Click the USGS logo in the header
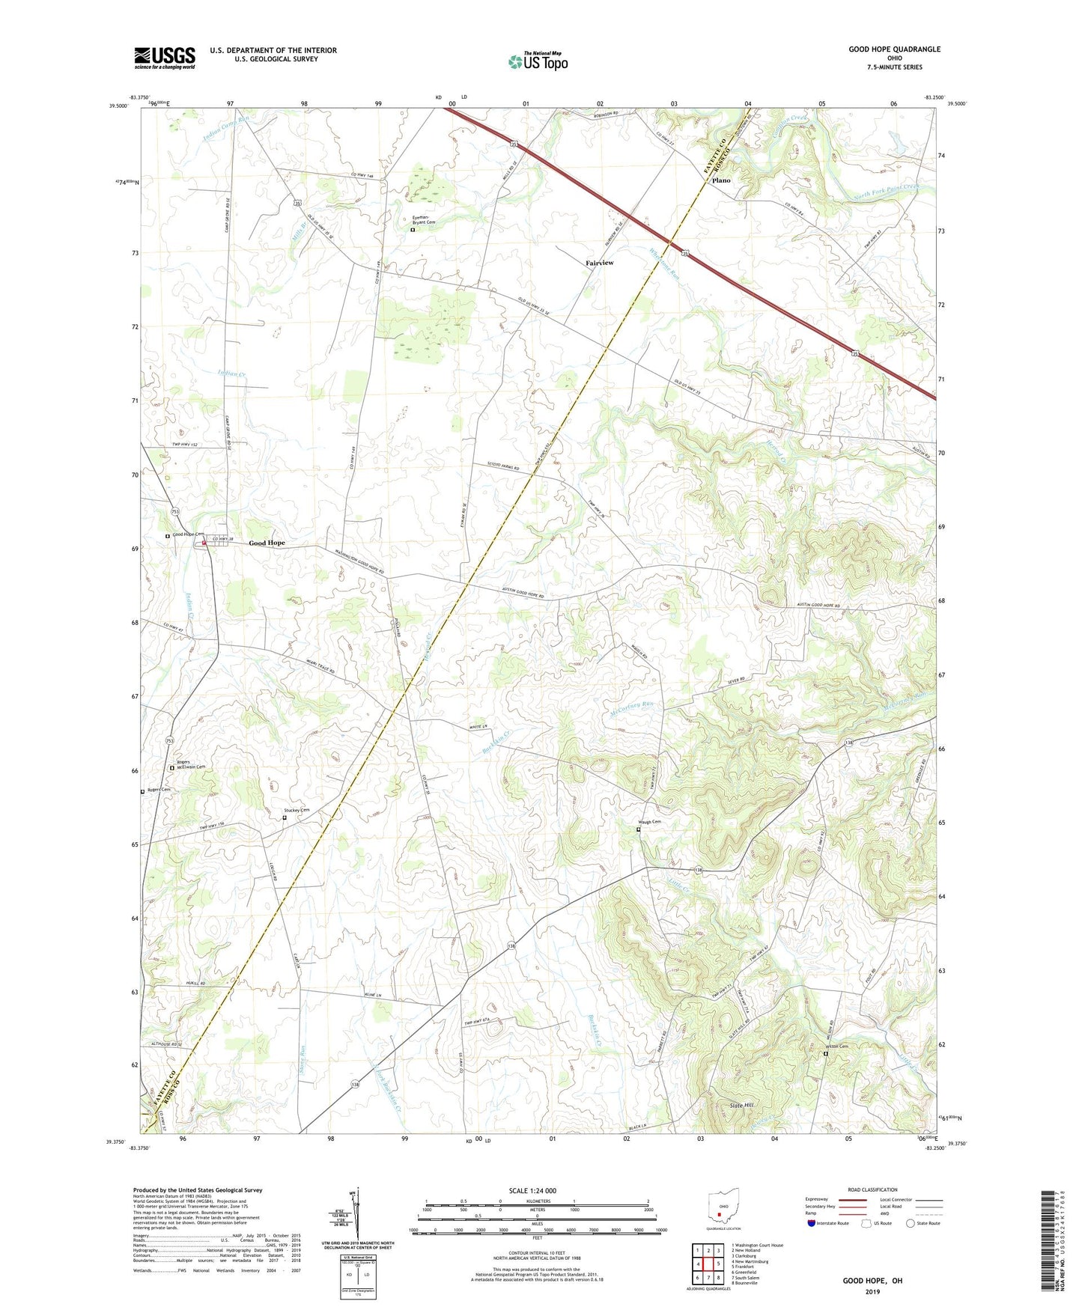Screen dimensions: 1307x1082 click(x=165, y=57)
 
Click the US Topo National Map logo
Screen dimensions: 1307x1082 click(x=537, y=61)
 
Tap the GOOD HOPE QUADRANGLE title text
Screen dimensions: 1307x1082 click(x=894, y=49)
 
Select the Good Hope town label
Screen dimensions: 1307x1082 click(x=267, y=543)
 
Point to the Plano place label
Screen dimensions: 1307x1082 click(x=721, y=180)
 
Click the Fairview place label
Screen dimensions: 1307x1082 click(x=600, y=263)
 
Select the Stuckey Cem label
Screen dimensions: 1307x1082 click(x=297, y=811)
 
